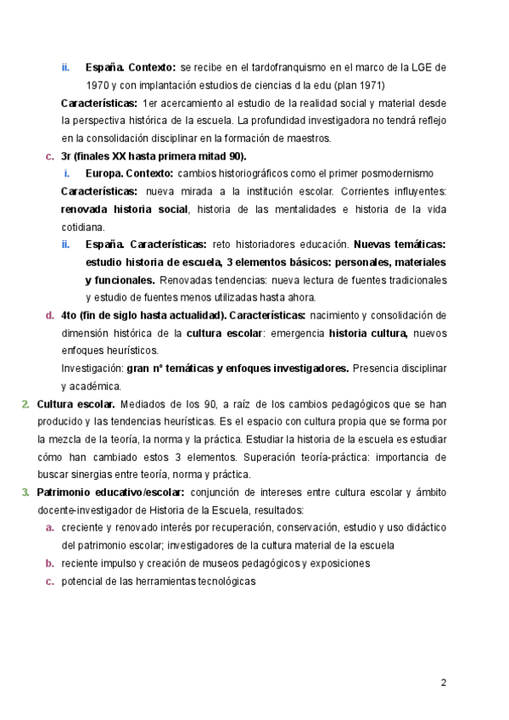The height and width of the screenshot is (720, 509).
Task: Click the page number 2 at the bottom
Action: click(x=443, y=682)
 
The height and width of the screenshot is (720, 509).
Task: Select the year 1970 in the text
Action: click(x=100, y=85)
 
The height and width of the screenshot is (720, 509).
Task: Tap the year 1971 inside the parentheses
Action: click(x=367, y=85)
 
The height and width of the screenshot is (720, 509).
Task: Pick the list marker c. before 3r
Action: click(x=49, y=156)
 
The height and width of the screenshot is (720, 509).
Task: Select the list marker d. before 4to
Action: click(x=49, y=315)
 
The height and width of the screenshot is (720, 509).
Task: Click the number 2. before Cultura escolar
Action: click(x=25, y=404)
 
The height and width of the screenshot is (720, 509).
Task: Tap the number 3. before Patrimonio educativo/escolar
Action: click(x=25, y=492)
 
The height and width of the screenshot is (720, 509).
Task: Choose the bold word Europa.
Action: click(x=103, y=174)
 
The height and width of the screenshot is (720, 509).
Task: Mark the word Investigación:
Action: click(x=92, y=368)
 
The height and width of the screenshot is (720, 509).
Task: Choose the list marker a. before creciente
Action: click(x=49, y=527)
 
